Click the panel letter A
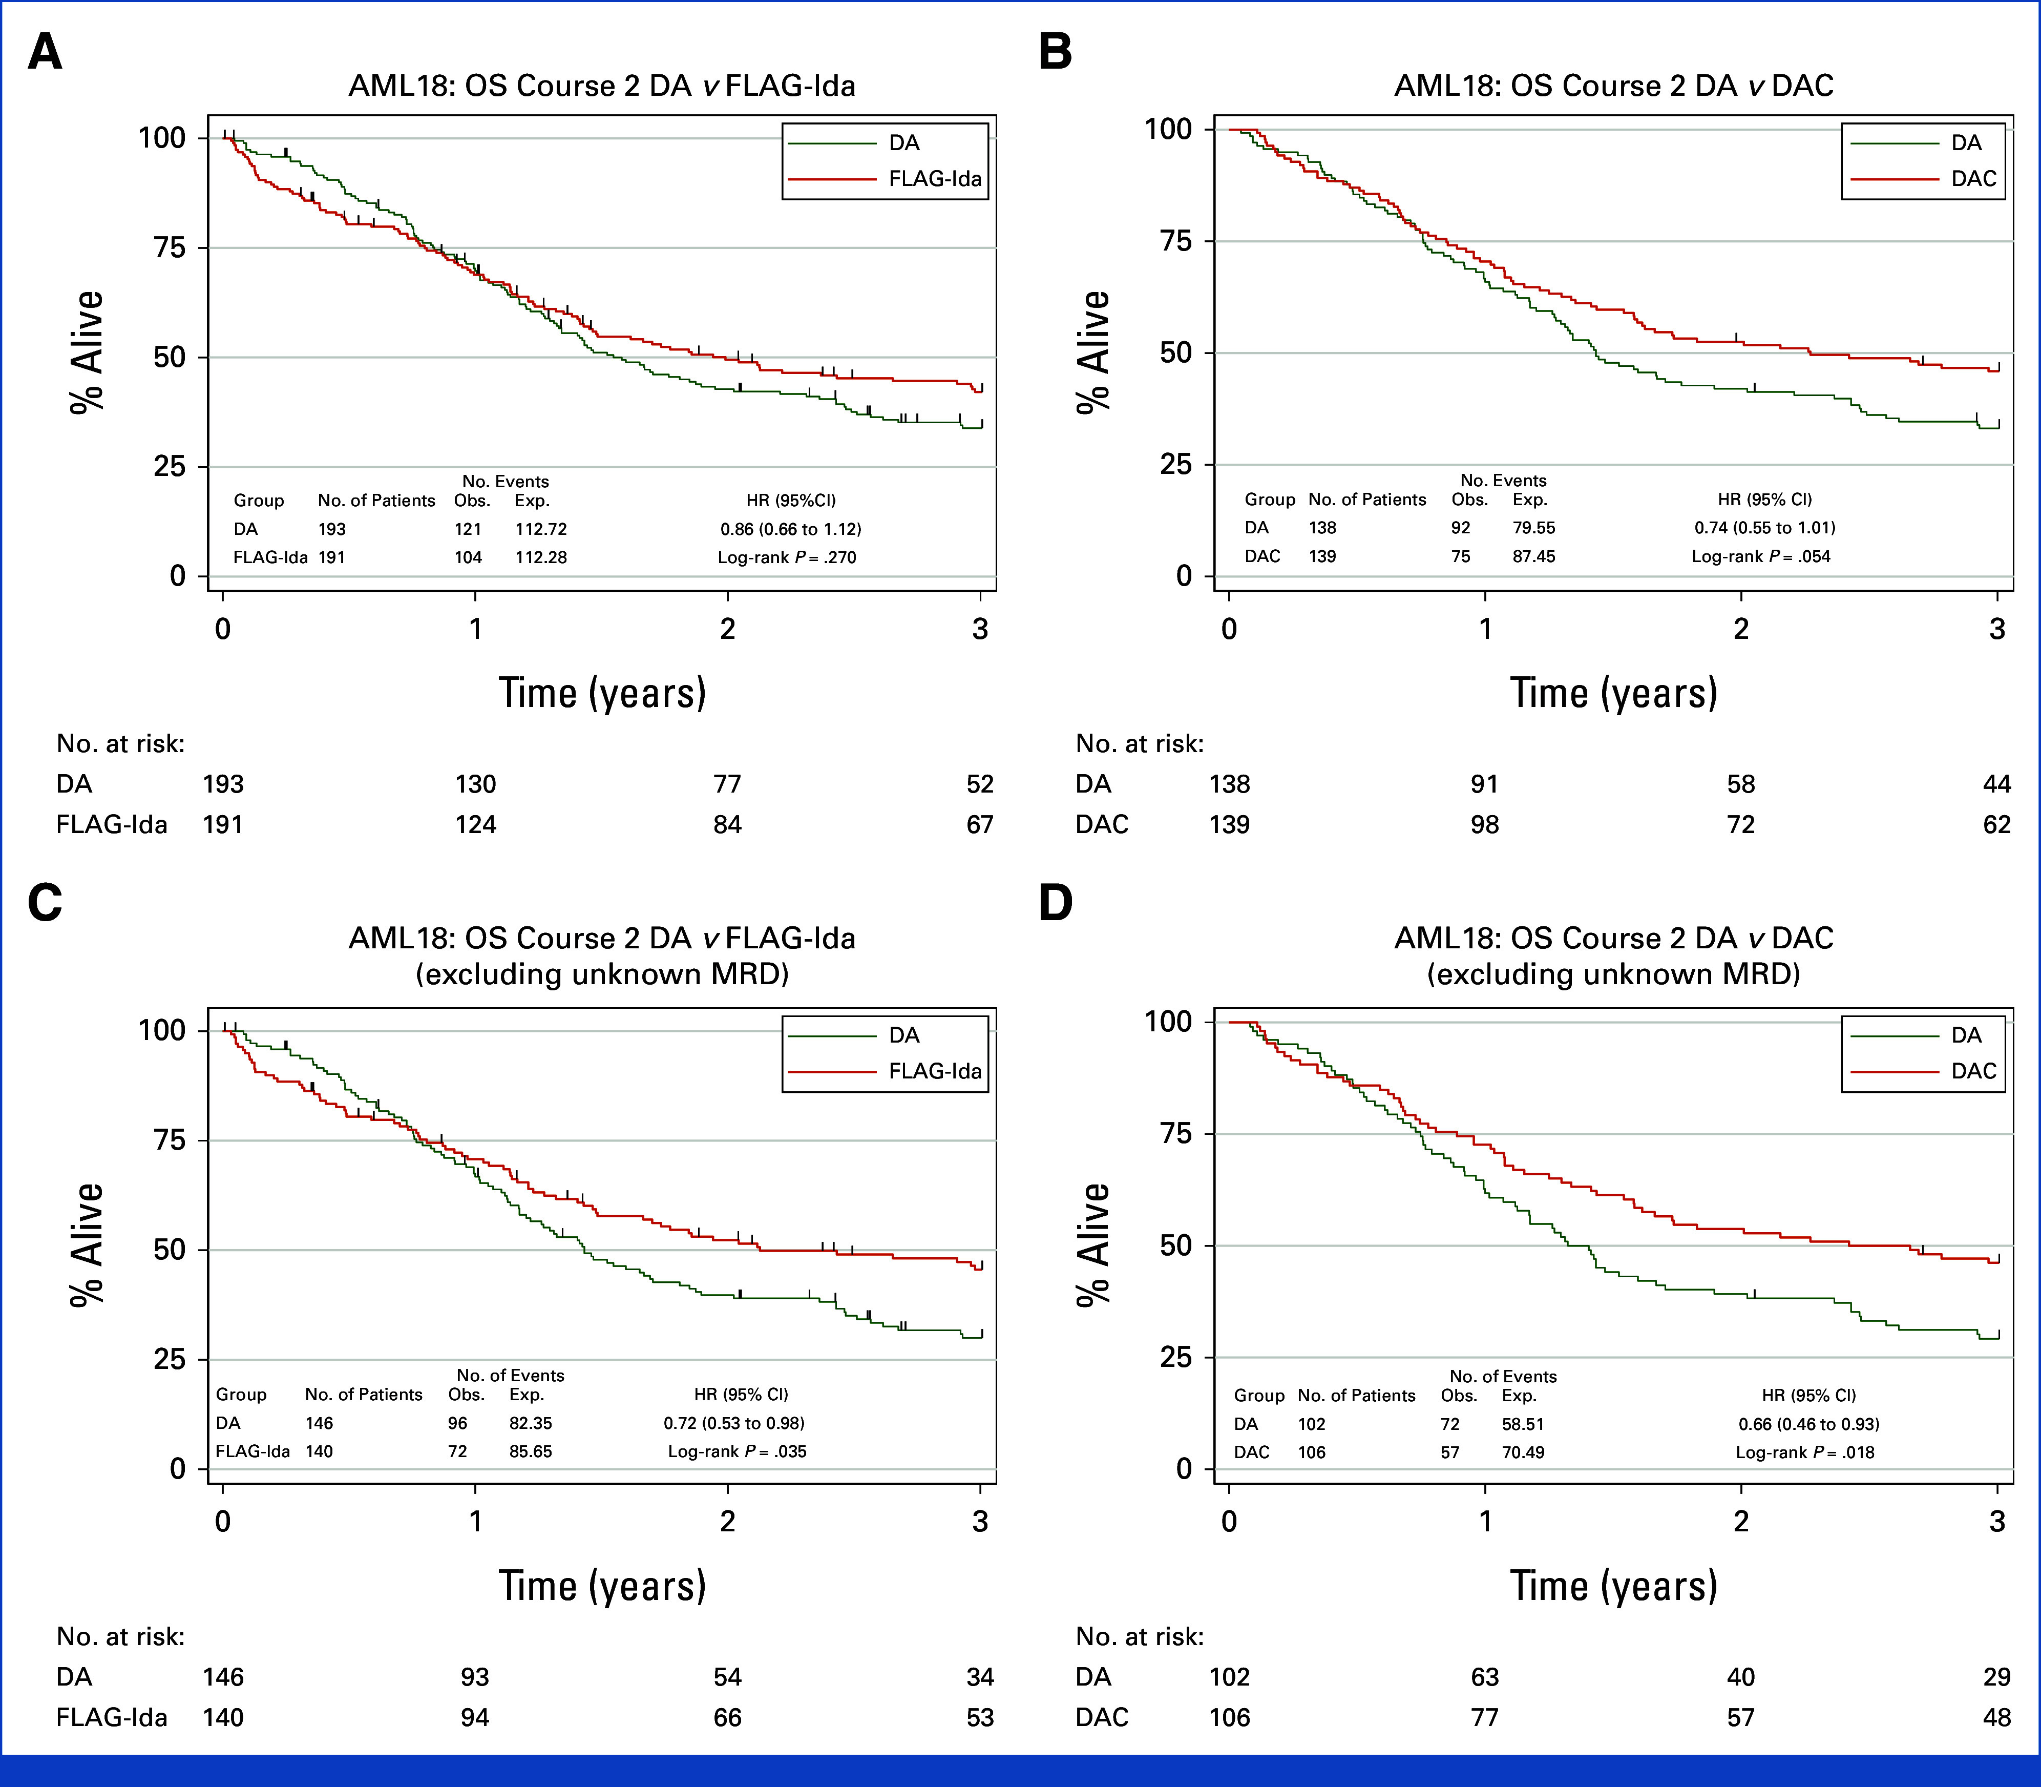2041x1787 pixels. tap(45, 52)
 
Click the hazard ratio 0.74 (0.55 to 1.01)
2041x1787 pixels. tap(1765, 528)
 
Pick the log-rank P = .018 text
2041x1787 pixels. tap(1805, 1452)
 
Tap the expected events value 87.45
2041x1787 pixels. tap(1533, 556)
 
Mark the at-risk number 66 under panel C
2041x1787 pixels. tap(728, 1717)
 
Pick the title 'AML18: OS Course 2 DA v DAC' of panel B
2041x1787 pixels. tap(1613, 86)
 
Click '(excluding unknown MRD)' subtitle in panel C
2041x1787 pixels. tap(602, 974)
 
